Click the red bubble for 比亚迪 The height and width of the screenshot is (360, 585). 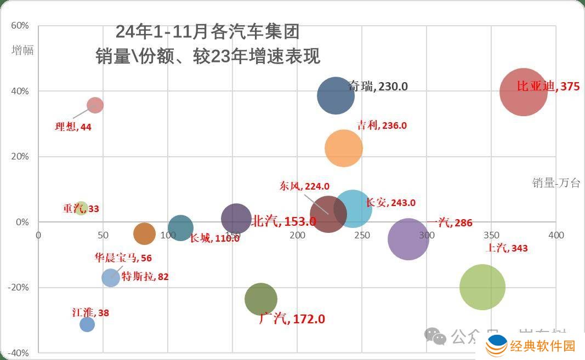524,92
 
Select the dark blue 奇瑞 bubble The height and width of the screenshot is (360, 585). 336,95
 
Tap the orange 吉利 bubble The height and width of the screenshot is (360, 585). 344,148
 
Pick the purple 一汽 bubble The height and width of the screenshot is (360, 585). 408,239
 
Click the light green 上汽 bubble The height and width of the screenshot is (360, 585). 482,287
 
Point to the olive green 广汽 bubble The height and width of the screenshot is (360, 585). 261,299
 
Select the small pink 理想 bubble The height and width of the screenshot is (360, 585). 95,105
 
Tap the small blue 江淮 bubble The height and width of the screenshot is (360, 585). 87,324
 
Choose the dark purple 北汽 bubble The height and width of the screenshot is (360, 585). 236,219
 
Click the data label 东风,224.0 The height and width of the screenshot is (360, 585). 304,186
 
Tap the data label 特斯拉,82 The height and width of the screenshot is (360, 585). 145,277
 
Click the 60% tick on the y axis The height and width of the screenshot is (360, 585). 20,26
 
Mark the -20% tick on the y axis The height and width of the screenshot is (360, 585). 18,287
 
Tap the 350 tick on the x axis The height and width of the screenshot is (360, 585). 491,235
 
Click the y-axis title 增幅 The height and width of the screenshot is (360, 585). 23,50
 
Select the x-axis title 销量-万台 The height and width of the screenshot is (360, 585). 555,183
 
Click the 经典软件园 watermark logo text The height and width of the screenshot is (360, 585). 542,346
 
